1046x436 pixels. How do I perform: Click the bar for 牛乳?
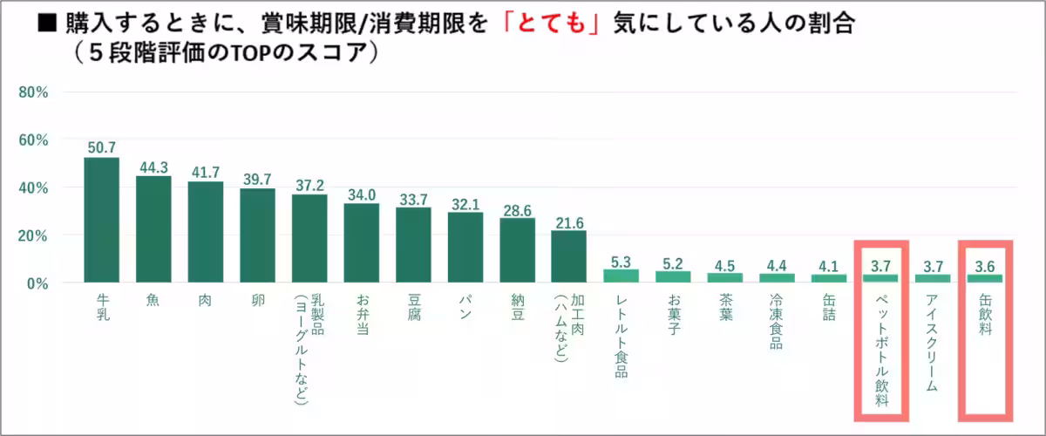pyautogui.click(x=101, y=220)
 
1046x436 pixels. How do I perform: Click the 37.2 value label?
pyautogui.click(x=309, y=185)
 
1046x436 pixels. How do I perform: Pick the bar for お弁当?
pyautogui.click(x=361, y=243)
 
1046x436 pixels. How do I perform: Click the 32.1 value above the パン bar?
pyautogui.click(x=465, y=203)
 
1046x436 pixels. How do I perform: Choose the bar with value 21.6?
pyautogui.click(x=569, y=256)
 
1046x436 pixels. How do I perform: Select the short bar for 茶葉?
pyautogui.click(x=725, y=277)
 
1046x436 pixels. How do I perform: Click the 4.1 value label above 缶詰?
pyautogui.click(x=829, y=264)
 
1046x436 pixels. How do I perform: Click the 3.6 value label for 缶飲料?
pyautogui.click(x=985, y=265)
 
